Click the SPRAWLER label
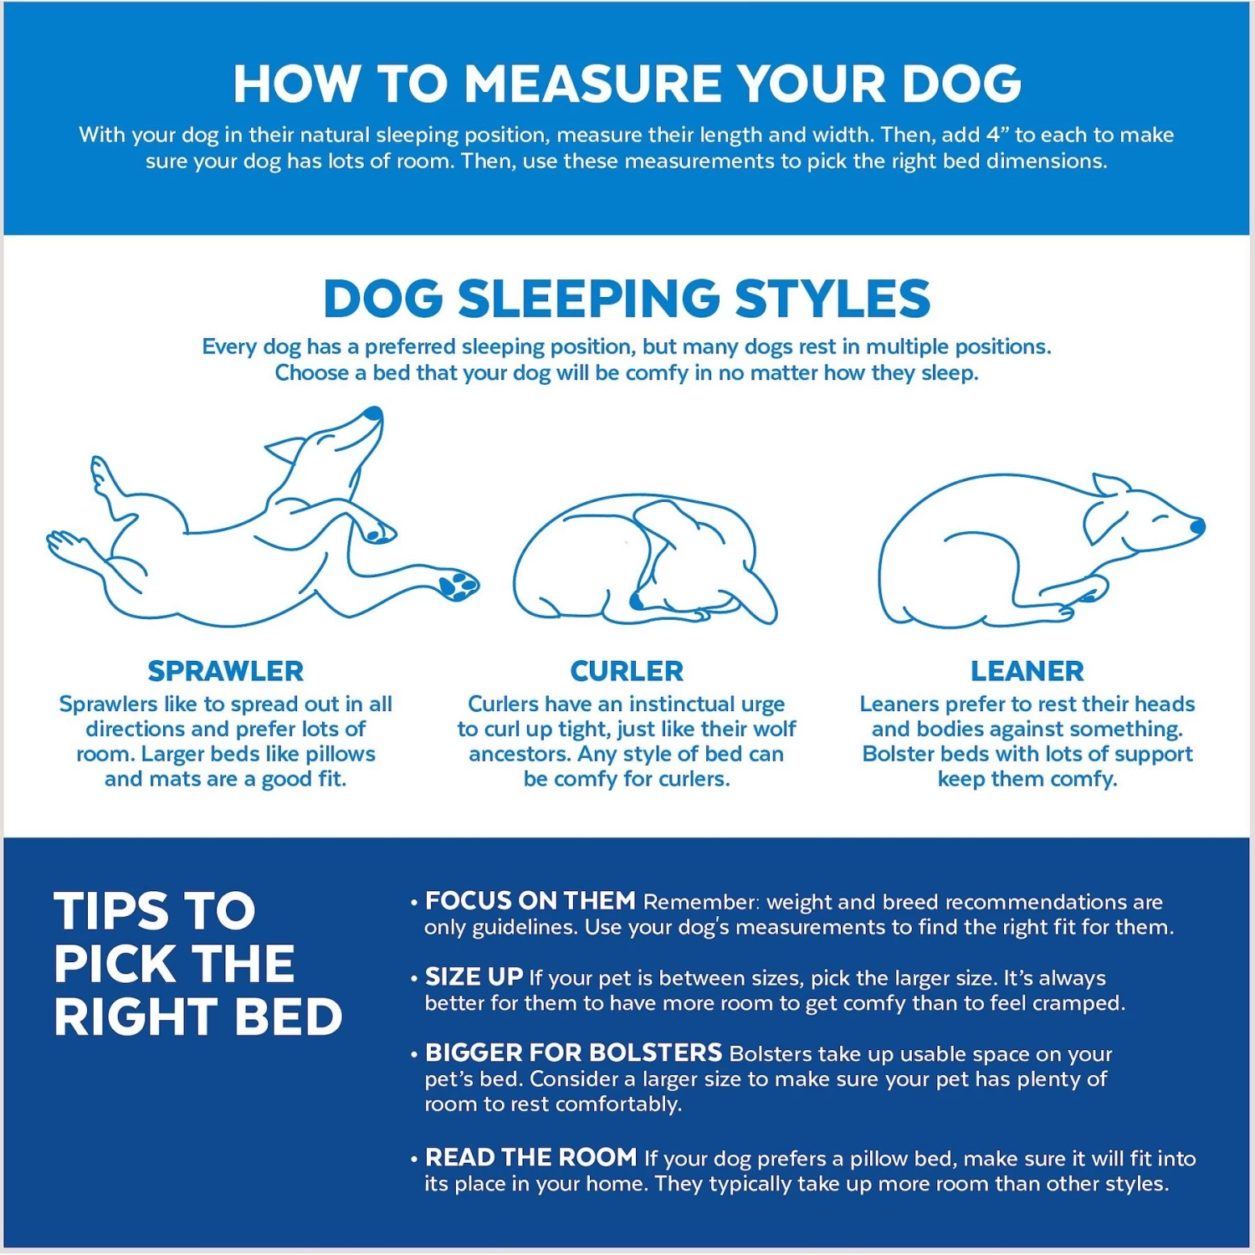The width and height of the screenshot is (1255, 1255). pyautogui.click(x=226, y=671)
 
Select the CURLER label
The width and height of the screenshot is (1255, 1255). pyautogui.click(x=627, y=671)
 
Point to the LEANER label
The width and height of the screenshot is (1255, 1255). pyautogui.click(x=1027, y=671)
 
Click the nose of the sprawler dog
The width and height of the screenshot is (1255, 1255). pyautogui.click(x=374, y=413)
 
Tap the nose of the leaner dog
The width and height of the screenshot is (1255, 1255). pyautogui.click(x=1197, y=526)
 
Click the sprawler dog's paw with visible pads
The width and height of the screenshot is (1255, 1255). pyautogui.click(x=458, y=584)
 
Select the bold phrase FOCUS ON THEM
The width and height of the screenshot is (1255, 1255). pyautogui.click(x=530, y=901)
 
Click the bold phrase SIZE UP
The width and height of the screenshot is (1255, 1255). pyautogui.click(x=474, y=977)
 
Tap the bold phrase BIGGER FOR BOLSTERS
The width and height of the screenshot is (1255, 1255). pyautogui.click(x=573, y=1053)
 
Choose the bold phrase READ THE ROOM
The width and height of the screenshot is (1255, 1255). pyautogui.click(x=531, y=1158)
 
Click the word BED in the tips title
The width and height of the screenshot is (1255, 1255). pyautogui.click(x=288, y=1017)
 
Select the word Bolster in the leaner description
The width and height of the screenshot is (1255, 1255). pyautogui.click(x=898, y=754)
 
